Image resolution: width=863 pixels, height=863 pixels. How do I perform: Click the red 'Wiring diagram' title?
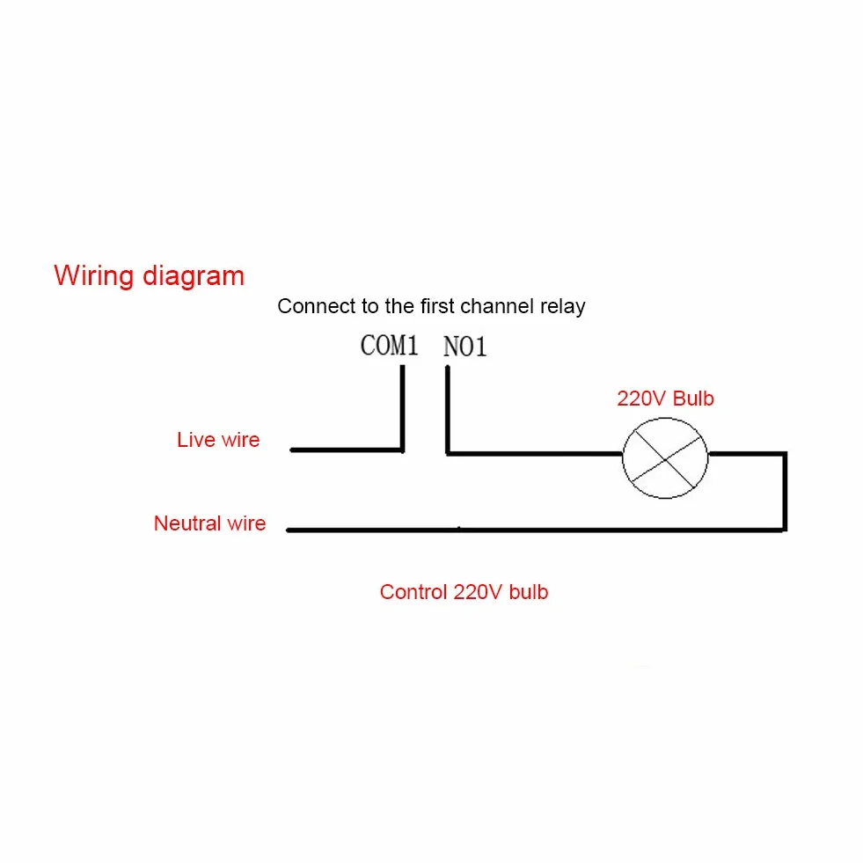click(149, 275)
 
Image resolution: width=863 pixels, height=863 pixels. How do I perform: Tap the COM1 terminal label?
click(389, 346)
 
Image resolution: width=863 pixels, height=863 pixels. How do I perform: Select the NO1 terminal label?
click(465, 347)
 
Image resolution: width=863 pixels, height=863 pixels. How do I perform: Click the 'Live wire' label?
click(218, 440)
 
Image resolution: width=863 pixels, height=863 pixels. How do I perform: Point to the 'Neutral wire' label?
click(209, 523)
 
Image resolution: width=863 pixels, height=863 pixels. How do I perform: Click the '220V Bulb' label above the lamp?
click(665, 399)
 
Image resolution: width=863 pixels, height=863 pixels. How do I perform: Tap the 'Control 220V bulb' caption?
click(464, 592)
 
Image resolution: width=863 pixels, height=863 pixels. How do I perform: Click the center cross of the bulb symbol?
click(665, 459)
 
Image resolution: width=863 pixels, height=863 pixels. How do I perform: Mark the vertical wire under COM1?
click(402, 408)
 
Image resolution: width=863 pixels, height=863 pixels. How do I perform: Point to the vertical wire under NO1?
click(448, 410)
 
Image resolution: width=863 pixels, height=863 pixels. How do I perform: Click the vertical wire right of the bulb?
click(785, 492)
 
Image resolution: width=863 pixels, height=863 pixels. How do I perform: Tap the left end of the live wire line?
click(291, 450)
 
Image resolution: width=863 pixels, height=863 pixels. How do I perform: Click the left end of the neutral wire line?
click(288, 530)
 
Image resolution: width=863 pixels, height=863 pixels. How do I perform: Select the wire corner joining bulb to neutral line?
click(785, 530)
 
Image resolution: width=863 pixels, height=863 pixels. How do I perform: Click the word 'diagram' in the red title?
click(194, 276)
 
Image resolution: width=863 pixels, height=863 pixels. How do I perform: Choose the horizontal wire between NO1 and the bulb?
click(534, 454)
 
